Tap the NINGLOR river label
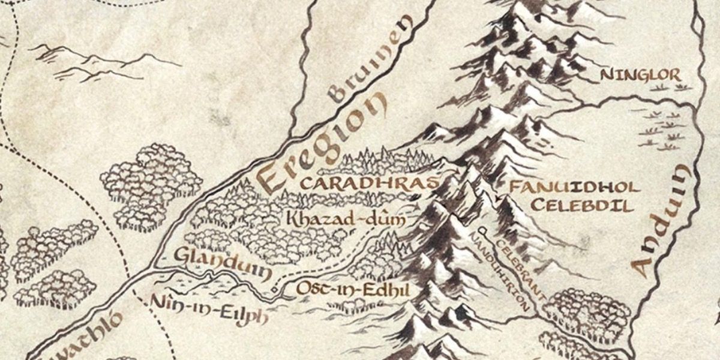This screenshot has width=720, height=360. pyautogui.click(x=641, y=76)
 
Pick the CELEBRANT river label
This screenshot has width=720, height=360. pyautogui.click(x=521, y=270)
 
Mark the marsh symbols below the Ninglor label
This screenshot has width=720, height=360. pyautogui.click(x=666, y=132)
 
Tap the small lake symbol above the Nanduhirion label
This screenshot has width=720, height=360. pyautogui.click(x=481, y=230)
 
